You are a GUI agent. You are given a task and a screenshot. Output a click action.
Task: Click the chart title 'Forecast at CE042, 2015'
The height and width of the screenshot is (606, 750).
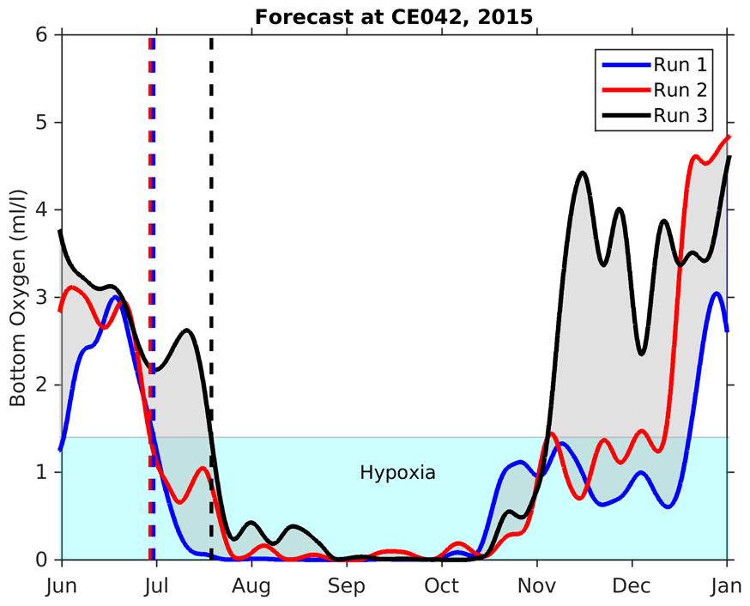394,15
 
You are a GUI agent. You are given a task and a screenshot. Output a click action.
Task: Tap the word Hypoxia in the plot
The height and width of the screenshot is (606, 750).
397,472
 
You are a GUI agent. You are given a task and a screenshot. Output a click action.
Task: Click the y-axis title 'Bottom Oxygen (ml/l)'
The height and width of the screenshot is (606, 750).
17,296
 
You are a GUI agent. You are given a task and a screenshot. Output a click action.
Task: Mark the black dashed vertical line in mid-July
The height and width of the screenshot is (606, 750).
211,258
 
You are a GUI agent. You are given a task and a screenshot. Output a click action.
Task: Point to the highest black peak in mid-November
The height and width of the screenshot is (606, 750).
583,173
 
